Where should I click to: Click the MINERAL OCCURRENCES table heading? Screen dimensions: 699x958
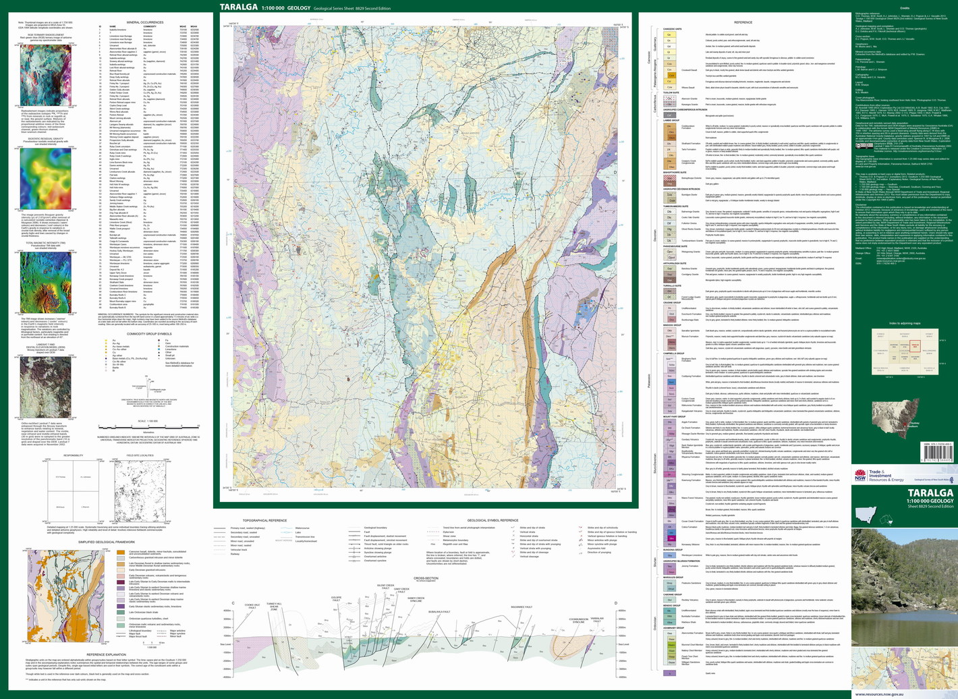tap(145, 22)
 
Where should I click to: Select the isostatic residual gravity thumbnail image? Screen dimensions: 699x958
tap(46, 178)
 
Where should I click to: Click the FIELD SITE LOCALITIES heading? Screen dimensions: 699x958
tap(140, 455)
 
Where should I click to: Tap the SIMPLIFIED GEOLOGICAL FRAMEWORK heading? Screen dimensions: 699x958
tap(105, 542)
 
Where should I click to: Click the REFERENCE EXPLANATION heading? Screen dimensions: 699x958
tap(105, 654)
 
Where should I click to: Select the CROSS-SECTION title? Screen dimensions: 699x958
tap(426, 578)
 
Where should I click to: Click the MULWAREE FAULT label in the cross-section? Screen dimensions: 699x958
tap(522, 607)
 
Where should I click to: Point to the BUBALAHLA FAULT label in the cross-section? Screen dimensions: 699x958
tap(439, 611)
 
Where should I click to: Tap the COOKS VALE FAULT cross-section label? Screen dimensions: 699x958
tap(252, 607)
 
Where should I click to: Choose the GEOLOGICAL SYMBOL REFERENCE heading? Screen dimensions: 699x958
tap(492, 521)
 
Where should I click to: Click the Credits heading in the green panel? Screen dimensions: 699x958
tap(905, 8)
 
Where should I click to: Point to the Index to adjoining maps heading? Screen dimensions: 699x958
tap(905, 323)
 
